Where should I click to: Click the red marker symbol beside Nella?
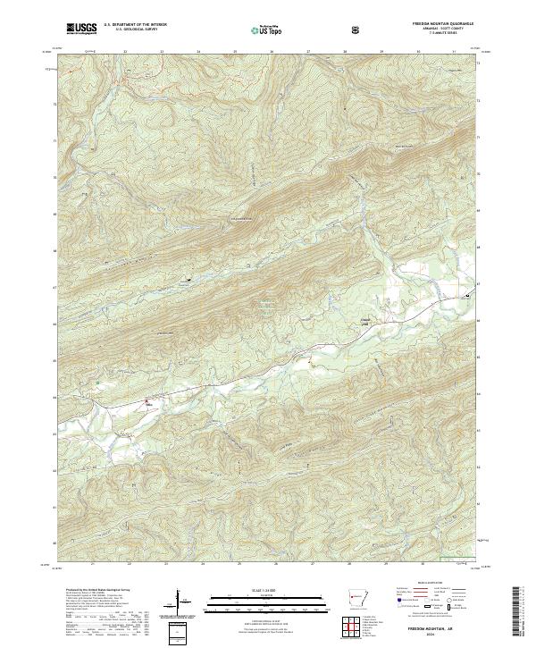pos(148,400)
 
